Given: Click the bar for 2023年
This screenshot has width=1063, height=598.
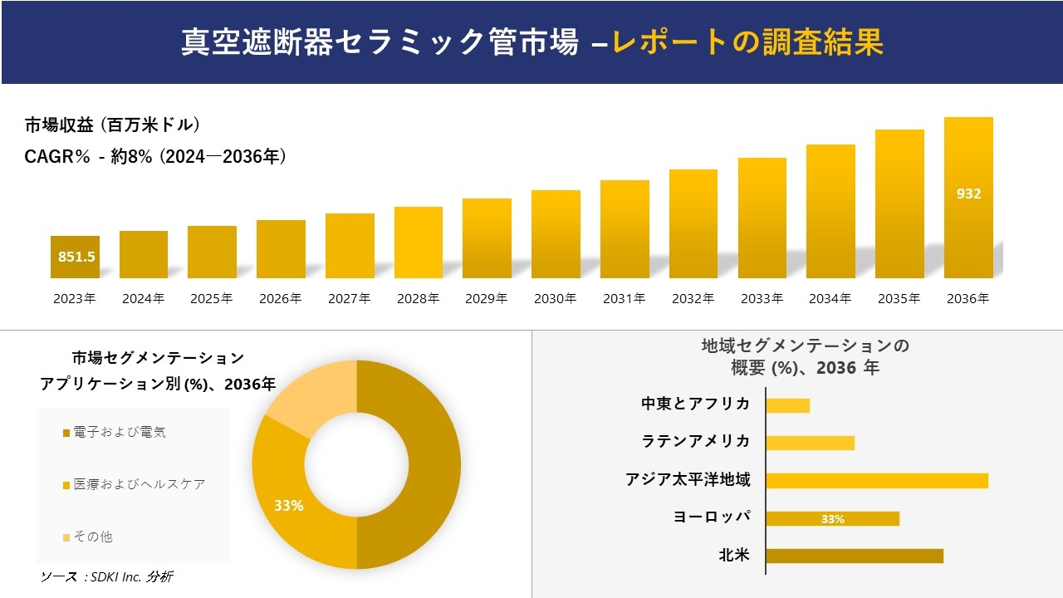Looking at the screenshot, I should tap(75, 257).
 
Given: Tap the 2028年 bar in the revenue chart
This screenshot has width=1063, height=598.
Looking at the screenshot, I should tap(419, 243).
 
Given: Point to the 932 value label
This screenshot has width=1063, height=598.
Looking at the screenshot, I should tap(968, 194).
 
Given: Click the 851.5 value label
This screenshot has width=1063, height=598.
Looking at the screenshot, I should tap(76, 257).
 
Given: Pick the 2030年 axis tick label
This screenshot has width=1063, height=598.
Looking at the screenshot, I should tap(555, 299).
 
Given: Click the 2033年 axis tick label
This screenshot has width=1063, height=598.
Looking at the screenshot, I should tap(762, 299).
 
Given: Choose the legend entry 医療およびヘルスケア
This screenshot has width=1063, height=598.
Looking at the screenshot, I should tap(138, 484).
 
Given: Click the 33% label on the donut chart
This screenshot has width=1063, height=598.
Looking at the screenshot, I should tap(289, 505).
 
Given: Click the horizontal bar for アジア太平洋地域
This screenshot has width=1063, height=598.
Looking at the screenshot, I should tap(877, 480).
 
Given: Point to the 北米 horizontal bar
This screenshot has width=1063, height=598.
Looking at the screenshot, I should tap(855, 556).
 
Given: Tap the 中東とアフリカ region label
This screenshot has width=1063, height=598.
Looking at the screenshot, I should tap(695, 404).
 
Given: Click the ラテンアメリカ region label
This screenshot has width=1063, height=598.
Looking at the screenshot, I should tap(695, 441).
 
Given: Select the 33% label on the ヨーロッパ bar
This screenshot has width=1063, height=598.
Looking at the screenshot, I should tap(832, 519).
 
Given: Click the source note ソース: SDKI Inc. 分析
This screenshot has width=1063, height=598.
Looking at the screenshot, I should tap(106, 576).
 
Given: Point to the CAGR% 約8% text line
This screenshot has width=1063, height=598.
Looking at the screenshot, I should tap(155, 156).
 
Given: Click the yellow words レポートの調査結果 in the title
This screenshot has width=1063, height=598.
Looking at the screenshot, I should tap(747, 42).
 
